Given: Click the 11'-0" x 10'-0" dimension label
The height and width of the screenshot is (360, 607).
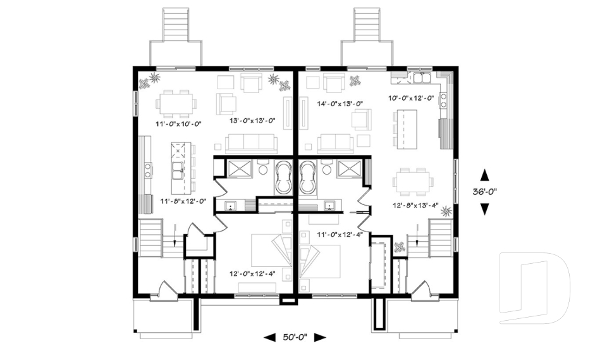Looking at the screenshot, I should [178, 123].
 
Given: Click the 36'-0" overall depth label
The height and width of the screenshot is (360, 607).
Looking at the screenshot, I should [486, 190].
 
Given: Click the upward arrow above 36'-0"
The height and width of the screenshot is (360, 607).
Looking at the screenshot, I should [485, 173].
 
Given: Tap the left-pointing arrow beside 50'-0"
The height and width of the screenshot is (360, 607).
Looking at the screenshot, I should [269, 337].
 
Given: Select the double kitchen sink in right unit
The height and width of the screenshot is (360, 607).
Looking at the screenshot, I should [420, 78].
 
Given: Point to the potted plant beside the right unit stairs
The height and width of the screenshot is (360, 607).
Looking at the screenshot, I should [400, 247].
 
